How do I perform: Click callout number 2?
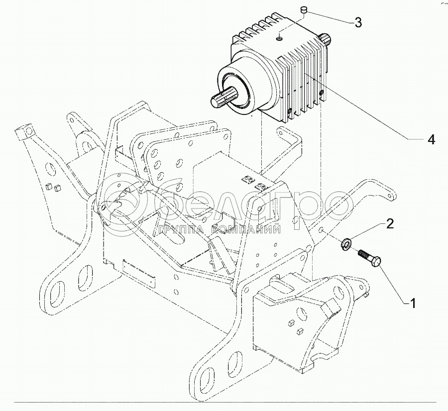coord(390,224)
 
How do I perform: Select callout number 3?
coord(358,22)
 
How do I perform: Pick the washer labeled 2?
coord(345,242)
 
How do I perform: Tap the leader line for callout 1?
coord(393,284)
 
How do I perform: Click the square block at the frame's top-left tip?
coord(22,132)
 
